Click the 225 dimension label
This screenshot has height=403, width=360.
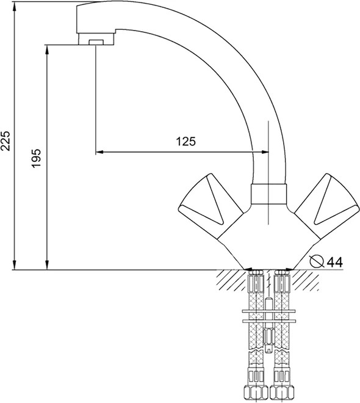(5, 140)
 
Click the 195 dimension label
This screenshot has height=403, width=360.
(36, 158)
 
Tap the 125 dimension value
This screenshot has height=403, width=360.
(185, 142)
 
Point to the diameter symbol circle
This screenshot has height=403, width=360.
(316, 261)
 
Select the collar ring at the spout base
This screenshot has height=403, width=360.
(268, 194)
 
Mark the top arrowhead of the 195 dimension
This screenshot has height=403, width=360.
(47, 49)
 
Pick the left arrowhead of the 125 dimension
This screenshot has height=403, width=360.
(99, 152)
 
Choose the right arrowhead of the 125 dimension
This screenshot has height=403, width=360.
(265, 152)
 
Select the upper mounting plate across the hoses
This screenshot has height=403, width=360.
(268, 311)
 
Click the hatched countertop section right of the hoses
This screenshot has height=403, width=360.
(305, 280)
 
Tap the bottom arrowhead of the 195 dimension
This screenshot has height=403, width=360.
(47, 265)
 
